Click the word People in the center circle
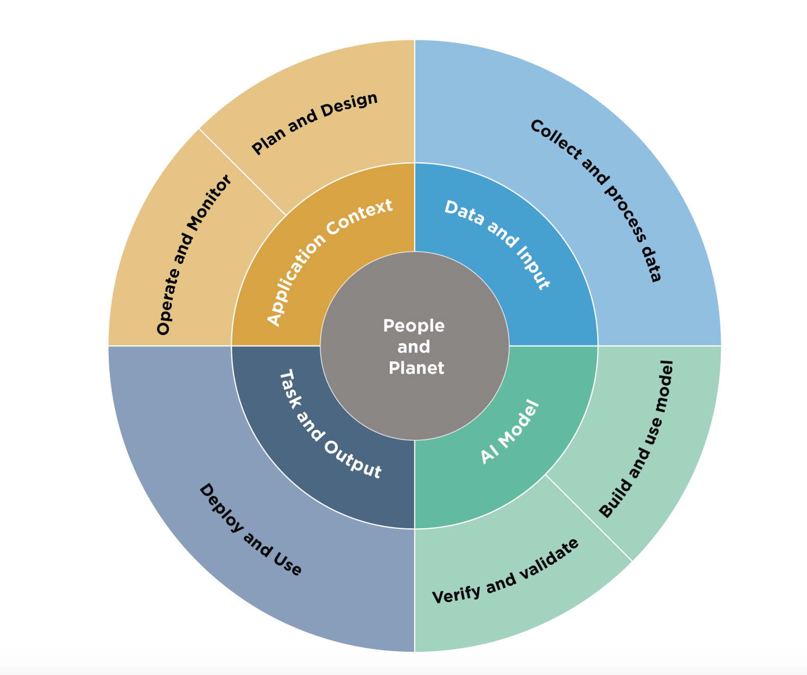[x=414, y=326]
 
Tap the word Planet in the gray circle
[x=416, y=368]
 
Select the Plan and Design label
[x=314, y=123]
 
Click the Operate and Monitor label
[x=194, y=255]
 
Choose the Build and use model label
[x=636, y=440]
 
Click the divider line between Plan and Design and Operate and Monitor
[x=242, y=172]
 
